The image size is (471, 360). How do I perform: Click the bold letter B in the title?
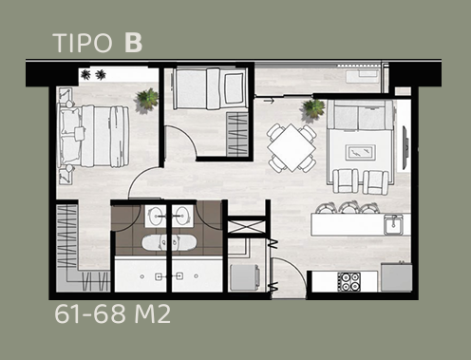[133, 43]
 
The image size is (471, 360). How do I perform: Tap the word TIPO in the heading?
[84, 43]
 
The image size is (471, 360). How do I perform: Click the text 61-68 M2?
[112, 314]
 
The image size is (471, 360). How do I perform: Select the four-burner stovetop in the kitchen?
[349, 281]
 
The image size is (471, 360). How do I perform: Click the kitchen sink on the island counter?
[393, 224]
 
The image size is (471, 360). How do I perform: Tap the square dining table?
[292, 147]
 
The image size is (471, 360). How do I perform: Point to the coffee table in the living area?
[361, 153]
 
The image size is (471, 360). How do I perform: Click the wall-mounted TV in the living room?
[405, 148]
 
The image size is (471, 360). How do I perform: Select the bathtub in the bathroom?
[169, 243]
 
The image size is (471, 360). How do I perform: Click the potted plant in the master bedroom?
[147, 99]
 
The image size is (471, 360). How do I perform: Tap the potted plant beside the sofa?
[313, 108]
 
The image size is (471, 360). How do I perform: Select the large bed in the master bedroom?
[94, 136]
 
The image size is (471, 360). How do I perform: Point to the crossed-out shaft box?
[247, 226]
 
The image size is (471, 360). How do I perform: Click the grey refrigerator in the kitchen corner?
[396, 277]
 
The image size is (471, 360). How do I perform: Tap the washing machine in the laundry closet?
[245, 277]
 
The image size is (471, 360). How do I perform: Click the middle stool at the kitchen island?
[349, 207]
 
